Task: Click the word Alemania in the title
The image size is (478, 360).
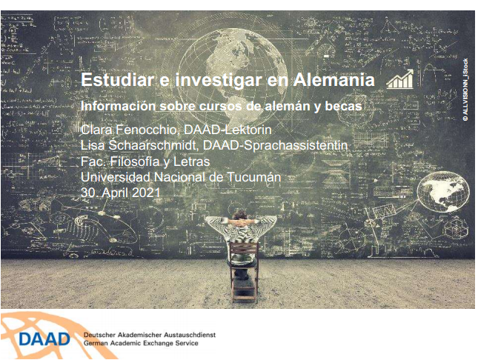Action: point(334,80)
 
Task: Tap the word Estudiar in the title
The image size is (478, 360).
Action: point(117,80)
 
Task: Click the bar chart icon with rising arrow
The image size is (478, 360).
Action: point(400,79)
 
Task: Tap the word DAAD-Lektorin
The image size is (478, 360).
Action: point(228,130)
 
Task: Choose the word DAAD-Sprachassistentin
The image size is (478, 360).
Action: point(275,145)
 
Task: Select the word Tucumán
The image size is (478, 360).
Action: point(254,177)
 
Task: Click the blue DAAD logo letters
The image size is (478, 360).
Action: point(44,339)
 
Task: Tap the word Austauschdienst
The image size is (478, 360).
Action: point(190,335)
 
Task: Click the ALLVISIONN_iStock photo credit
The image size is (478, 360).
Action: point(465,90)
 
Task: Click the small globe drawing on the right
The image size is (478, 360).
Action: point(443,192)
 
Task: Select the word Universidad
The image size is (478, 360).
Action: point(116,177)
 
